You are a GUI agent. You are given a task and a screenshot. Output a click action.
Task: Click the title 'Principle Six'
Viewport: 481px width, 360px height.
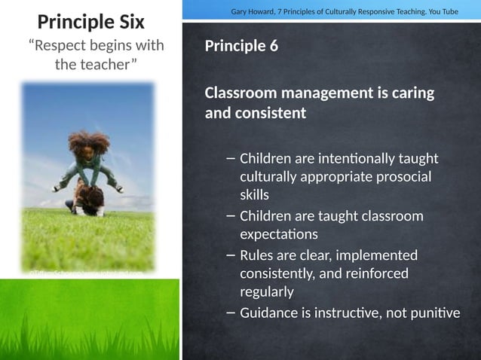click(90, 20)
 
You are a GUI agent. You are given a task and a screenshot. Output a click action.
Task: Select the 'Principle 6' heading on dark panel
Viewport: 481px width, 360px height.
click(241, 46)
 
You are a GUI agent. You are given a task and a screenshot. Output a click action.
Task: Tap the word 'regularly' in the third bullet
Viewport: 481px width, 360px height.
click(267, 291)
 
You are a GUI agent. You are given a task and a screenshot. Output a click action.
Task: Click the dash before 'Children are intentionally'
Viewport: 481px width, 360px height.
click(230, 159)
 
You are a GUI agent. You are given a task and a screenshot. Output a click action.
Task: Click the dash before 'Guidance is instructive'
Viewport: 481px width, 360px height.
click(230, 313)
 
